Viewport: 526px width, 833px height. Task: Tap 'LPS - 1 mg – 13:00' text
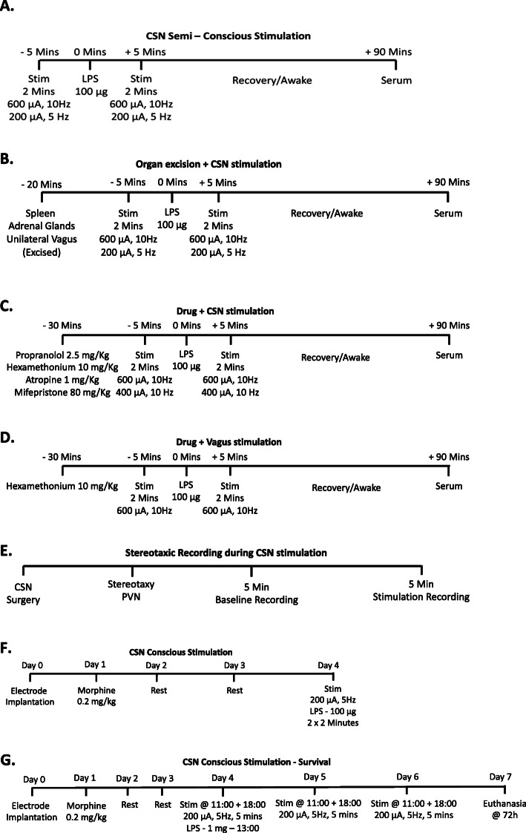pyautogui.click(x=227, y=826)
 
